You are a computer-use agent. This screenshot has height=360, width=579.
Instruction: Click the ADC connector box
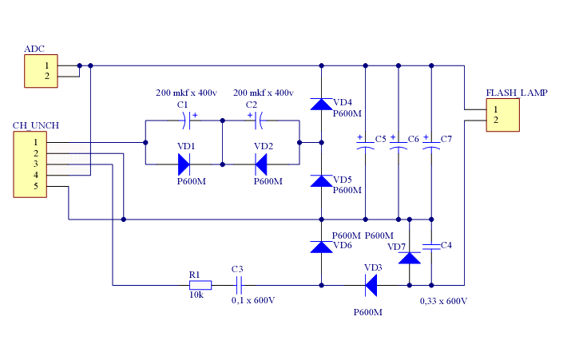coord(41,71)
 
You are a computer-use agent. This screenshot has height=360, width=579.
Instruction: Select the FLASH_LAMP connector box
coord(503,115)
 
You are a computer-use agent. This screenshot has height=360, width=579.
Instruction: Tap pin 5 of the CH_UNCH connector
coord(36,186)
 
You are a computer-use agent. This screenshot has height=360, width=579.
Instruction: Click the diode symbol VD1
coord(184,164)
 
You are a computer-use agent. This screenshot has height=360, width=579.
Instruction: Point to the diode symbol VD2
coord(261,164)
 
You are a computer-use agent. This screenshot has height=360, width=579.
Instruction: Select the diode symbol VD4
coord(321,104)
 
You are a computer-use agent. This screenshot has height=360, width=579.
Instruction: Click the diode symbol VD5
coord(321,181)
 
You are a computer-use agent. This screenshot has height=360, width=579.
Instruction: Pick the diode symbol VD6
coord(321,247)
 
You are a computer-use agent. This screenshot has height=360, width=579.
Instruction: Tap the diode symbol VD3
coord(371,285)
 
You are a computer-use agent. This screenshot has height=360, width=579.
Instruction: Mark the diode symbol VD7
coord(409,258)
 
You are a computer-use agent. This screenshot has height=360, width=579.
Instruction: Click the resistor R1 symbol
coord(200,285)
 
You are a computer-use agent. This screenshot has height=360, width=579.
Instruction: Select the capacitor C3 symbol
coord(239,285)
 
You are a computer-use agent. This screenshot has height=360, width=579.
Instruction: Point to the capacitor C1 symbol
coord(187,121)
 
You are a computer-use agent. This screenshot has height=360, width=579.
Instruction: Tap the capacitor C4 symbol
coord(431,247)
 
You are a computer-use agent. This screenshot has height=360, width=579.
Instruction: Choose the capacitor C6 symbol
coord(398,146)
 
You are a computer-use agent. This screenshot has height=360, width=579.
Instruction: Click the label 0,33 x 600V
coord(443,301)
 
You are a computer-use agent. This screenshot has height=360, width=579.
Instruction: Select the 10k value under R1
coord(196,295)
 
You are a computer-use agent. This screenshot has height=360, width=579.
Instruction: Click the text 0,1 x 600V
coord(253,300)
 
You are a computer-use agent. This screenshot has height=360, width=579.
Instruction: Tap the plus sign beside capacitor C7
coord(426,137)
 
